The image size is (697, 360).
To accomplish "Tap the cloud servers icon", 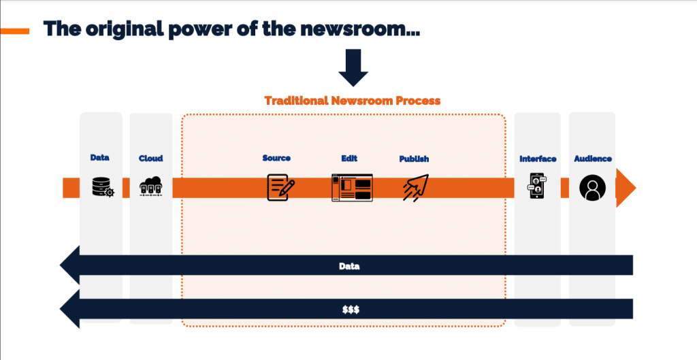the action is [150, 186].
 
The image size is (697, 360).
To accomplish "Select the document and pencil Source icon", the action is [280, 187].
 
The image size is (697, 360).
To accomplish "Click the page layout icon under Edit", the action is [352, 188].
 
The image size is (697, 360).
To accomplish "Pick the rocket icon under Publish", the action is [416, 188].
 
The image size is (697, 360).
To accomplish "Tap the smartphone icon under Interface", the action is [537, 186].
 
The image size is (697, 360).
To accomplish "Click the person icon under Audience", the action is [593, 188].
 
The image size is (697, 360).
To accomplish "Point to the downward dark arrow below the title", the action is [353, 67].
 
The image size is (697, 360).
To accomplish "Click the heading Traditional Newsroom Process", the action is [353, 101].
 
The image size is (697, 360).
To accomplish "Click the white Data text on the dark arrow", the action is [349, 266].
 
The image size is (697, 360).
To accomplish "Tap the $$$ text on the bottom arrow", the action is [351, 310].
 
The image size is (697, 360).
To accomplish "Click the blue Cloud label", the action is [150, 158].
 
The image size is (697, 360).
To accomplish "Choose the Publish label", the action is [414, 159].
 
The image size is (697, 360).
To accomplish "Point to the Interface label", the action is [538, 159].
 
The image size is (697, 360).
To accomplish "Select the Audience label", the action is [593, 159].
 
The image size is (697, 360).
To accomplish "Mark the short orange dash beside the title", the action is [15, 31].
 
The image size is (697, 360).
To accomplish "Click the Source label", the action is [276, 158].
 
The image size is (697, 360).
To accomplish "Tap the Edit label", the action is [349, 158].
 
